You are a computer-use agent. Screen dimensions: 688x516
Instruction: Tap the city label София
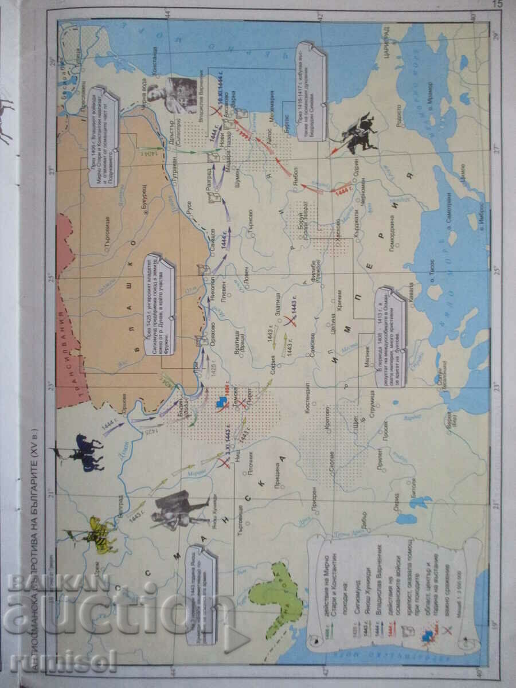click(274, 365)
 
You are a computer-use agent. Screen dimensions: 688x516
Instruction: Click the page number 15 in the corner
click(497, 4)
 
